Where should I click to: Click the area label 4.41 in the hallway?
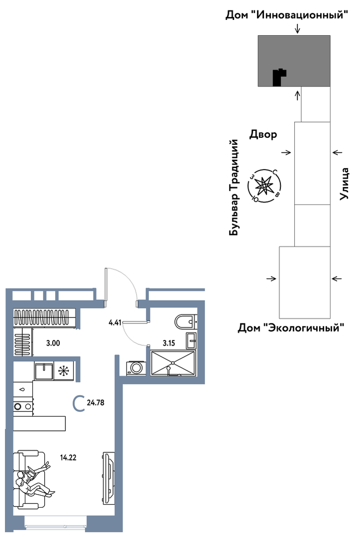click(115, 322)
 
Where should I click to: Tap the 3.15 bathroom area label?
click(169, 343)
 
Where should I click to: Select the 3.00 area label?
click(53, 343)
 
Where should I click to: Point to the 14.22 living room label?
click(68, 457)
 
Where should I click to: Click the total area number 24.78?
click(96, 403)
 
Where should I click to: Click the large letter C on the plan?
click(79, 403)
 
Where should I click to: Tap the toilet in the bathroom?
click(185, 322)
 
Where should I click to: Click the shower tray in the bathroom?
click(173, 363)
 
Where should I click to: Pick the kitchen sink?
click(43, 371)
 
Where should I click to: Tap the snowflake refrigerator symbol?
click(64, 371)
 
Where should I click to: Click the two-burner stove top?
click(23, 407)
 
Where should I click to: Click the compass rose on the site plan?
click(264, 186)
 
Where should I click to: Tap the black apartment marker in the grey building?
click(278, 78)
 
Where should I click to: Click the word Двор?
click(263, 134)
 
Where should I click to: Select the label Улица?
click(344, 184)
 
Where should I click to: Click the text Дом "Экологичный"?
click(291, 328)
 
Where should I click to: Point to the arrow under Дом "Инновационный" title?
click(297, 28)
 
